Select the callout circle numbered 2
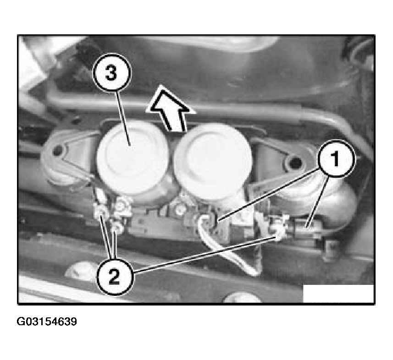(x=115, y=276)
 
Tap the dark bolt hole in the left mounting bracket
(x=58, y=151)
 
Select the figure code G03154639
(x=47, y=322)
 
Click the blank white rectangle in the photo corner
(x=338, y=294)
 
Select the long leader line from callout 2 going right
(x=205, y=254)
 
